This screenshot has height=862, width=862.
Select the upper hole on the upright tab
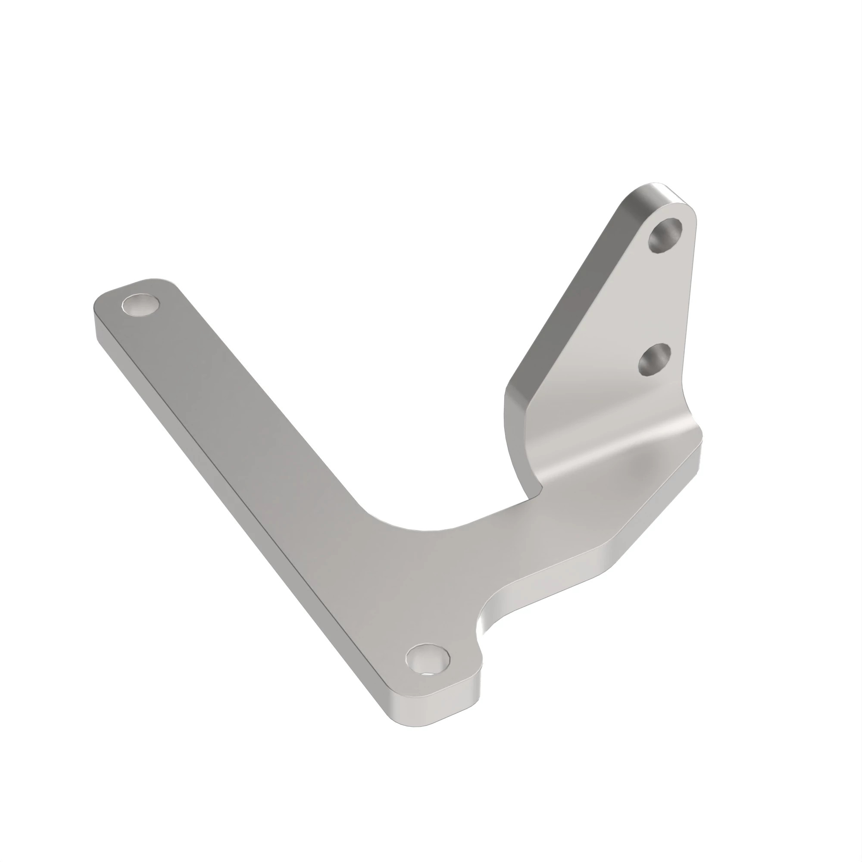[x=665, y=235]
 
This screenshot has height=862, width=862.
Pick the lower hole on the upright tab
[x=654, y=359]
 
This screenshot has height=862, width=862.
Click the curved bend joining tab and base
[x=616, y=451]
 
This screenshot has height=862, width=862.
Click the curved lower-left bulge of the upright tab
[x=513, y=437]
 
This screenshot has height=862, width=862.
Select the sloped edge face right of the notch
[x=558, y=584]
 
